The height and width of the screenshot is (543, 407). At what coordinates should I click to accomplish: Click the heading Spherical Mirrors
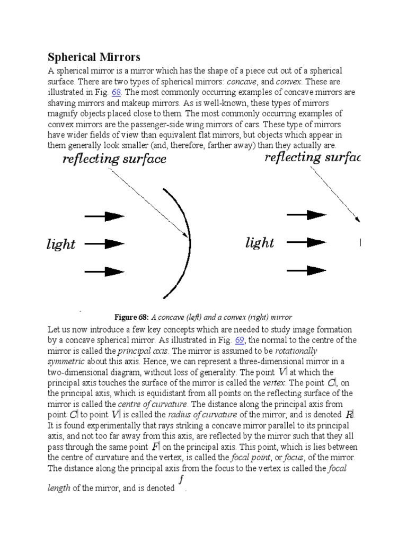[94, 57]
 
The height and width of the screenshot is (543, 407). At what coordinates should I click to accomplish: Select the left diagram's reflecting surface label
[114, 159]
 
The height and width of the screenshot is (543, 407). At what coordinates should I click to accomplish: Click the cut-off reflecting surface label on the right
[312, 157]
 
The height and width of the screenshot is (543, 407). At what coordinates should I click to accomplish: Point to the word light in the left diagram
[61, 244]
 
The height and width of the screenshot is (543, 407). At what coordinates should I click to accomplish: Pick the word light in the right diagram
[260, 243]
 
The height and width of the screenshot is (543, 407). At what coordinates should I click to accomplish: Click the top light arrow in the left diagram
[104, 216]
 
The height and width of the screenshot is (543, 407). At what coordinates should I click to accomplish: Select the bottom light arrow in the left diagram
[104, 272]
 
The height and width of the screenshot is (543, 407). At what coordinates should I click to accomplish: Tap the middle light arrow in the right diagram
[306, 242]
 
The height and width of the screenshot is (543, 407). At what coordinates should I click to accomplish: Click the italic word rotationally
[297, 351]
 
